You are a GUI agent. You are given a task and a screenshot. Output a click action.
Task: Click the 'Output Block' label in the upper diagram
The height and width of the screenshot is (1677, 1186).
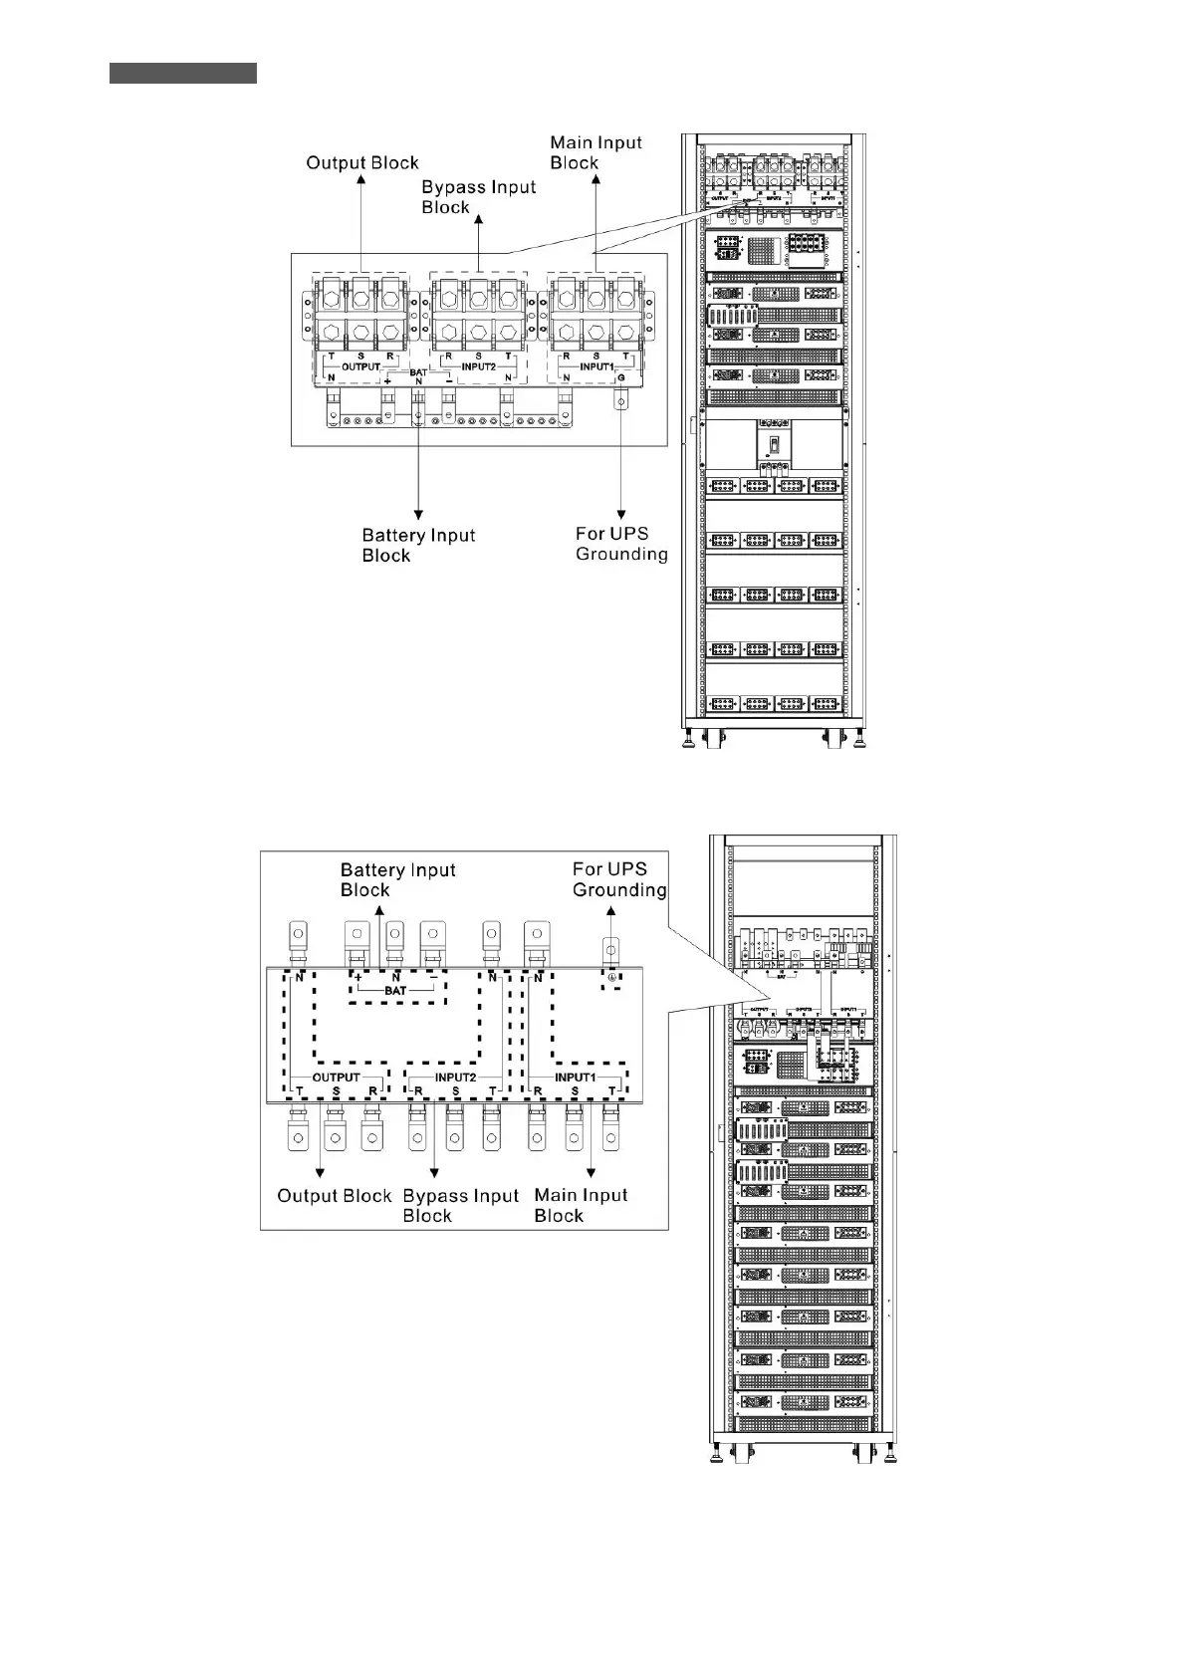[361, 163]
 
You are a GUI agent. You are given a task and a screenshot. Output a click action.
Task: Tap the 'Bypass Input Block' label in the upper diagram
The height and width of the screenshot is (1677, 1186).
[478, 197]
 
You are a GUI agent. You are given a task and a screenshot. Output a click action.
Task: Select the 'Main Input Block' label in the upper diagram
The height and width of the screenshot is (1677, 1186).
[595, 152]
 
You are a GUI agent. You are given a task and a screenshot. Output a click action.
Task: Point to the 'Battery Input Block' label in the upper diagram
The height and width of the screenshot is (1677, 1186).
[418, 545]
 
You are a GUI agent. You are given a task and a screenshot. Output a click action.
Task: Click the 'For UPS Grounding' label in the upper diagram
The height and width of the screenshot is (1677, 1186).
[621, 544]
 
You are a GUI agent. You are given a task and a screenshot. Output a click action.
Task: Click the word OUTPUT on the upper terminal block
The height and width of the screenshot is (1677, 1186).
[361, 366]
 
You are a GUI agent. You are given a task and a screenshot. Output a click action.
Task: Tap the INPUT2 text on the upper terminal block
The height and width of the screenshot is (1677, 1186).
[478, 366]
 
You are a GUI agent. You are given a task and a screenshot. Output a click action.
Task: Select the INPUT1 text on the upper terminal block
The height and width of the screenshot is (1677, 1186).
[596, 366]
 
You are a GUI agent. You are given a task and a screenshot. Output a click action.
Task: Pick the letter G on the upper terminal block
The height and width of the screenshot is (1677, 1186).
[622, 377]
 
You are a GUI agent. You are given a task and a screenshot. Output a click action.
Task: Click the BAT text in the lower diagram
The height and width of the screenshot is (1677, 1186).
[395, 992]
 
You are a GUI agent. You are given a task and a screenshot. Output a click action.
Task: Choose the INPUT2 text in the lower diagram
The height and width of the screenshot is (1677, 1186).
[455, 1078]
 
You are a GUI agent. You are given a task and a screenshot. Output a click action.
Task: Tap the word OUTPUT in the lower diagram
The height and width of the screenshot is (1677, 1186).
[336, 1078]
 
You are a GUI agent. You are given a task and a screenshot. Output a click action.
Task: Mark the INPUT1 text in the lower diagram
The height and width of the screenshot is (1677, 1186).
[575, 1078]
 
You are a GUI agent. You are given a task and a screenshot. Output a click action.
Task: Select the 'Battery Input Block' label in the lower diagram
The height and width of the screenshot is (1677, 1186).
[397, 879]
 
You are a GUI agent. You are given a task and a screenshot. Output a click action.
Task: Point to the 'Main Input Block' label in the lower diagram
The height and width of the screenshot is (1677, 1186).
[581, 1205]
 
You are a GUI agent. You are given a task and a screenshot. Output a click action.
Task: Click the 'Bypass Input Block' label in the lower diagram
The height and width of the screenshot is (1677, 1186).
[460, 1205]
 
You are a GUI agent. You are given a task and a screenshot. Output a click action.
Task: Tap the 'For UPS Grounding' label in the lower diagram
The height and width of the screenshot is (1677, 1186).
[618, 879]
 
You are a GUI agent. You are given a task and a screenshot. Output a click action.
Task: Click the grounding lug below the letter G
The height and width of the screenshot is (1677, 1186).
[621, 403]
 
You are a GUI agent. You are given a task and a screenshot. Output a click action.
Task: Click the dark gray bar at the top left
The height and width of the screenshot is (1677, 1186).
[183, 73]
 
